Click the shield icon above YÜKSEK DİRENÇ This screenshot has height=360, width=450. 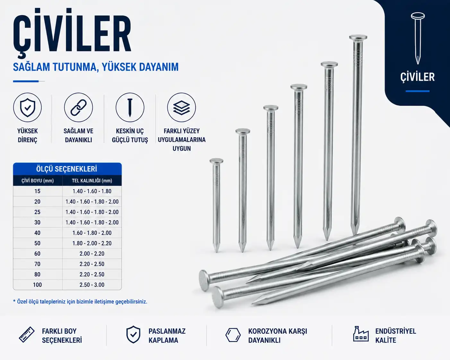27,107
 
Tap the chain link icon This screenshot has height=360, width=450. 78,107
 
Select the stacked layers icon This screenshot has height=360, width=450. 181,108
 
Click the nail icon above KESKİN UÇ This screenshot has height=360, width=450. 130,107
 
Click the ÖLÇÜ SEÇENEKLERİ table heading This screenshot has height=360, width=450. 67,169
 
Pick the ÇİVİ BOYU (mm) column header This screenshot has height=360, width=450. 38,181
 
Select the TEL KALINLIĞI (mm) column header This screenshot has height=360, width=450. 92,181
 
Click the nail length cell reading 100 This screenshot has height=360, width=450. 38,285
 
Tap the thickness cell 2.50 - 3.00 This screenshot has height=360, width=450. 92,285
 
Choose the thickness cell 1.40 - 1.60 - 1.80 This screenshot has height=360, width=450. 92,191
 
